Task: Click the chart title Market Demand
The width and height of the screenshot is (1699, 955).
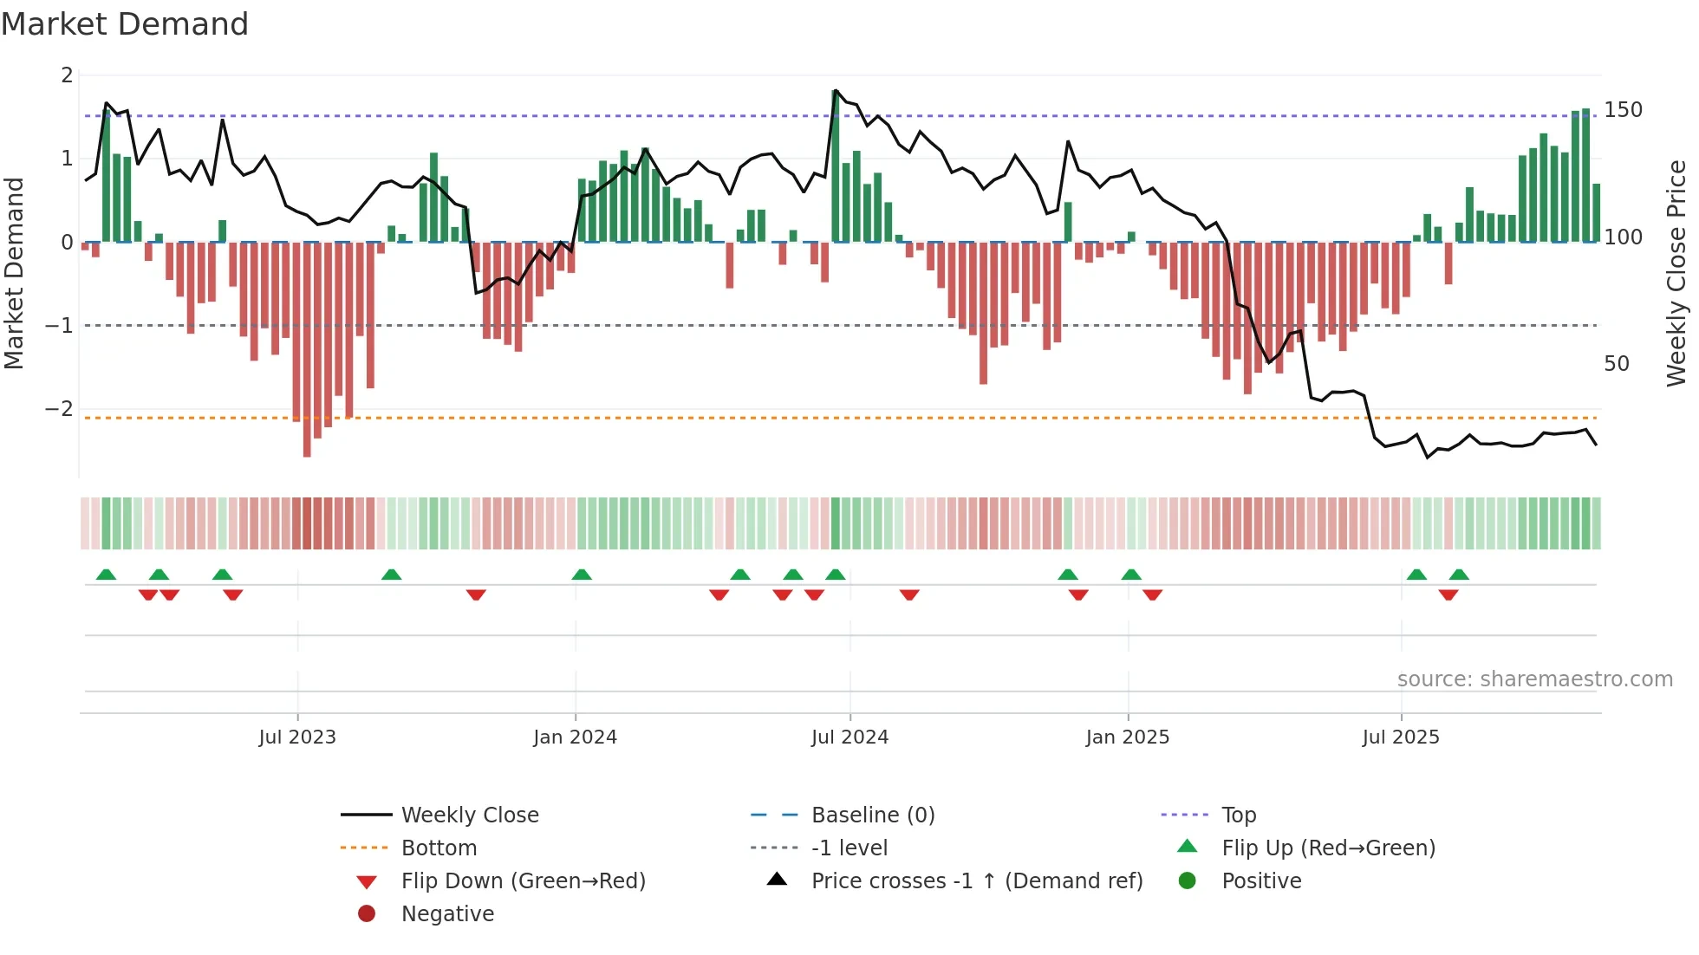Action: (x=125, y=24)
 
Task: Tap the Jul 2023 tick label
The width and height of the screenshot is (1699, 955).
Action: (x=296, y=737)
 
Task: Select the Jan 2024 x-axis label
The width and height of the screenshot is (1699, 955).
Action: (x=575, y=737)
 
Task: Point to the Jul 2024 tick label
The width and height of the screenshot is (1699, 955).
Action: (x=849, y=737)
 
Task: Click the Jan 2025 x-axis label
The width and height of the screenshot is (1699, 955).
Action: (x=1127, y=737)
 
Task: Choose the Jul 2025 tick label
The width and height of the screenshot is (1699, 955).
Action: (x=1400, y=737)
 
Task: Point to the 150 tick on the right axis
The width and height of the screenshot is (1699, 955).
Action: (x=1623, y=110)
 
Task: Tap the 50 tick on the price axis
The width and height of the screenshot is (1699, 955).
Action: (x=1616, y=364)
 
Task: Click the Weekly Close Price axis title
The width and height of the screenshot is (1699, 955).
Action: (x=1676, y=273)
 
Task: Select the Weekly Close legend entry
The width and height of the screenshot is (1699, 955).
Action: (x=469, y=815)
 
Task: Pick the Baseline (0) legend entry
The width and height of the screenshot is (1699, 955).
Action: (x=872, y=815)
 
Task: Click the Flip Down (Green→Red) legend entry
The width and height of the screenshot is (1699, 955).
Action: (x=523, y=881)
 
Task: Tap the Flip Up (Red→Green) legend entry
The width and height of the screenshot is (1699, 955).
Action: (x=1328, y=848)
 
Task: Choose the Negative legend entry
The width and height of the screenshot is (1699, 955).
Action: (x=447, y=914)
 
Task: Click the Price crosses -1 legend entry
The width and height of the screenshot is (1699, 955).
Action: (x=976, y=881)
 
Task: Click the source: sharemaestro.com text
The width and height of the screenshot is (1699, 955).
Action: (x=1534, y=679)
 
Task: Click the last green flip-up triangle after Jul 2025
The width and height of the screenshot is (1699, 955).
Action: (x=1459, y=575)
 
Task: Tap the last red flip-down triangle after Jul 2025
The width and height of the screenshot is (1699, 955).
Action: (x=1448, y=594)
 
